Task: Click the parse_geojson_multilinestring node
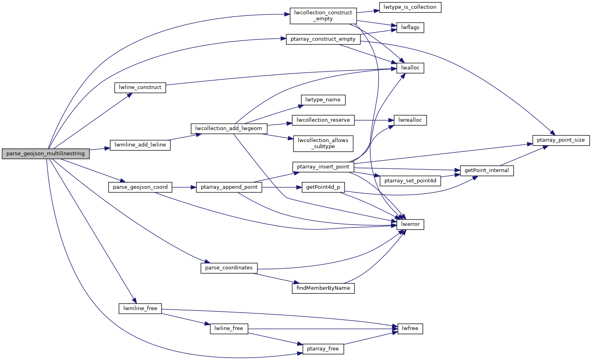tap(46, 154)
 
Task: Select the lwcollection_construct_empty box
tap(323, 16)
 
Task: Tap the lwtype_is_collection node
tap(410, 7)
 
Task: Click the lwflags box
tap(410, 28)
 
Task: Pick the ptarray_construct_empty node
tap(323, 39)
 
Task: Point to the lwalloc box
tap(410, 68)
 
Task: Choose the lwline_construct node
tap(140, 87)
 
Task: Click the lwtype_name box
tap(323, 100)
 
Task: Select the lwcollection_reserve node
tap(323, 120)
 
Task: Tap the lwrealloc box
tap(410, 120)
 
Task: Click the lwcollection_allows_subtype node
tap(323, 143)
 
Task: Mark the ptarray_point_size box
tap(561, 140)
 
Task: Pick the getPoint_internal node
tap(487, 170)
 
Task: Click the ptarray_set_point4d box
tap(410, 181)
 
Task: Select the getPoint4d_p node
tap(323, 187)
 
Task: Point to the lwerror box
tap(410, 224)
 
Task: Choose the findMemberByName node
tap(323, 288)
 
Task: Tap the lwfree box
tap(410, 328)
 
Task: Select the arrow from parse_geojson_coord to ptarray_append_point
tap(184, 187)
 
